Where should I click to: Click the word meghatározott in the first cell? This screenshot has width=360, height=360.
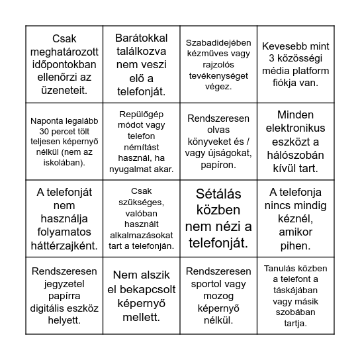[64, 51]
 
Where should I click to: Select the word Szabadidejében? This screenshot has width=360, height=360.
[218, 45]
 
